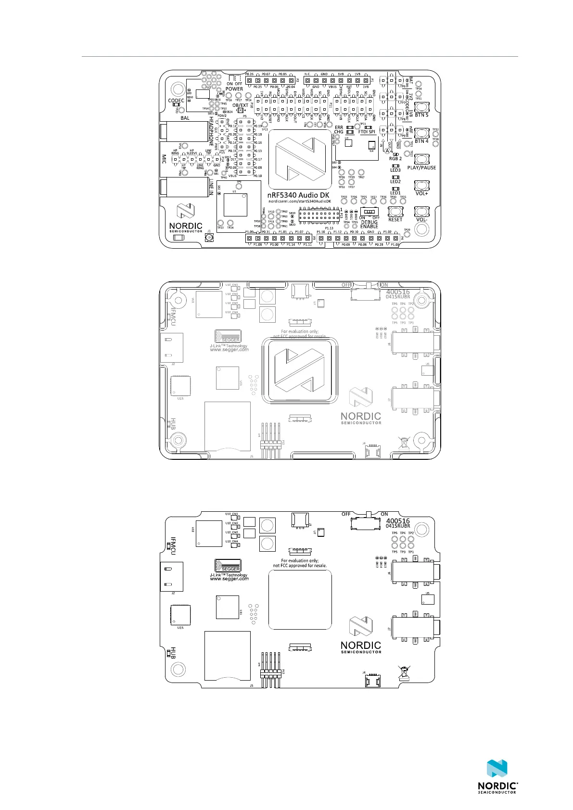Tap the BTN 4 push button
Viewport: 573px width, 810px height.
coord(421,133)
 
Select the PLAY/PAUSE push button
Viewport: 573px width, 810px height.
coord(421,160)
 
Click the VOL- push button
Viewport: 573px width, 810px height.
coord(421,212)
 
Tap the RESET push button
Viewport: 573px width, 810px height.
coord(395,212)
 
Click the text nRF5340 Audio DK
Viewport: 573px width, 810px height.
coord(299,195)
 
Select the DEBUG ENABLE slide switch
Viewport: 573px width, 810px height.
coord(369,211)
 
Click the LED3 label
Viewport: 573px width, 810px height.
coord(395,170)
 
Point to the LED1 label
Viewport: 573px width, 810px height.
coord(395,193)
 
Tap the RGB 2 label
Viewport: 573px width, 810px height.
coord(395,159)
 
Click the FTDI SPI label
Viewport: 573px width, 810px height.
coord(367,132)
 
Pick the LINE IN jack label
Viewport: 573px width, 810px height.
coord(211,187)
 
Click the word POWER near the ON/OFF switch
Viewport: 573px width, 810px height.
coord(234,89)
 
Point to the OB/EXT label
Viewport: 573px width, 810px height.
coord(241,105)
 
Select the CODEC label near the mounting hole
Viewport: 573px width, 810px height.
coord(176,101)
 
